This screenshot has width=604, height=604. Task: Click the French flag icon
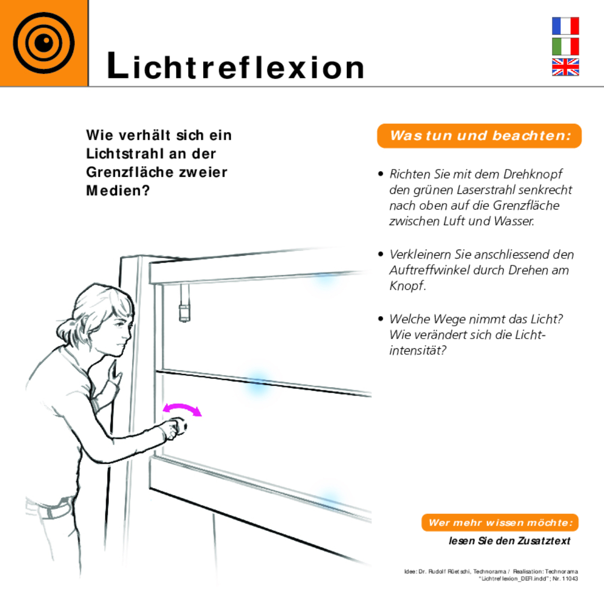pyautogui.click(x=565, y=26)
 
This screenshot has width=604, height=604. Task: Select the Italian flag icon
pyautogui.click(x=565, y=46)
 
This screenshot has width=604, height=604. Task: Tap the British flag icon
pyautogui.click(x=565, y=67)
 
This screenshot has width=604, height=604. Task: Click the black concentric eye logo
pyautogui.click(x=44, y=43)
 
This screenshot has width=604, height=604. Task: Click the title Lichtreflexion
pyautogui.click(x=235, y=66)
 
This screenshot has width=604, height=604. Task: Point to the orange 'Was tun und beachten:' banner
pyautogui.click(x=479, y=135)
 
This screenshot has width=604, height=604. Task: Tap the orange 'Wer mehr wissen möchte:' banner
pyautogui.click(x=500, y=523)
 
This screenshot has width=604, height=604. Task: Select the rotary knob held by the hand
pyautogui.click(x=181, y=427)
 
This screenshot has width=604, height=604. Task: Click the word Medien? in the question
pyautogui.click(x=118, y=190)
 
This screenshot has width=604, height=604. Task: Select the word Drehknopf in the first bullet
pyautogui.click(x=532, y=174)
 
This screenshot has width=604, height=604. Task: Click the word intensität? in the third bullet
pyautogui.click(x=417, y=350)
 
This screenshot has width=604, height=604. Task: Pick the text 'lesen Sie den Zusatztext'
pyautogui.click(x=509, y=541)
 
